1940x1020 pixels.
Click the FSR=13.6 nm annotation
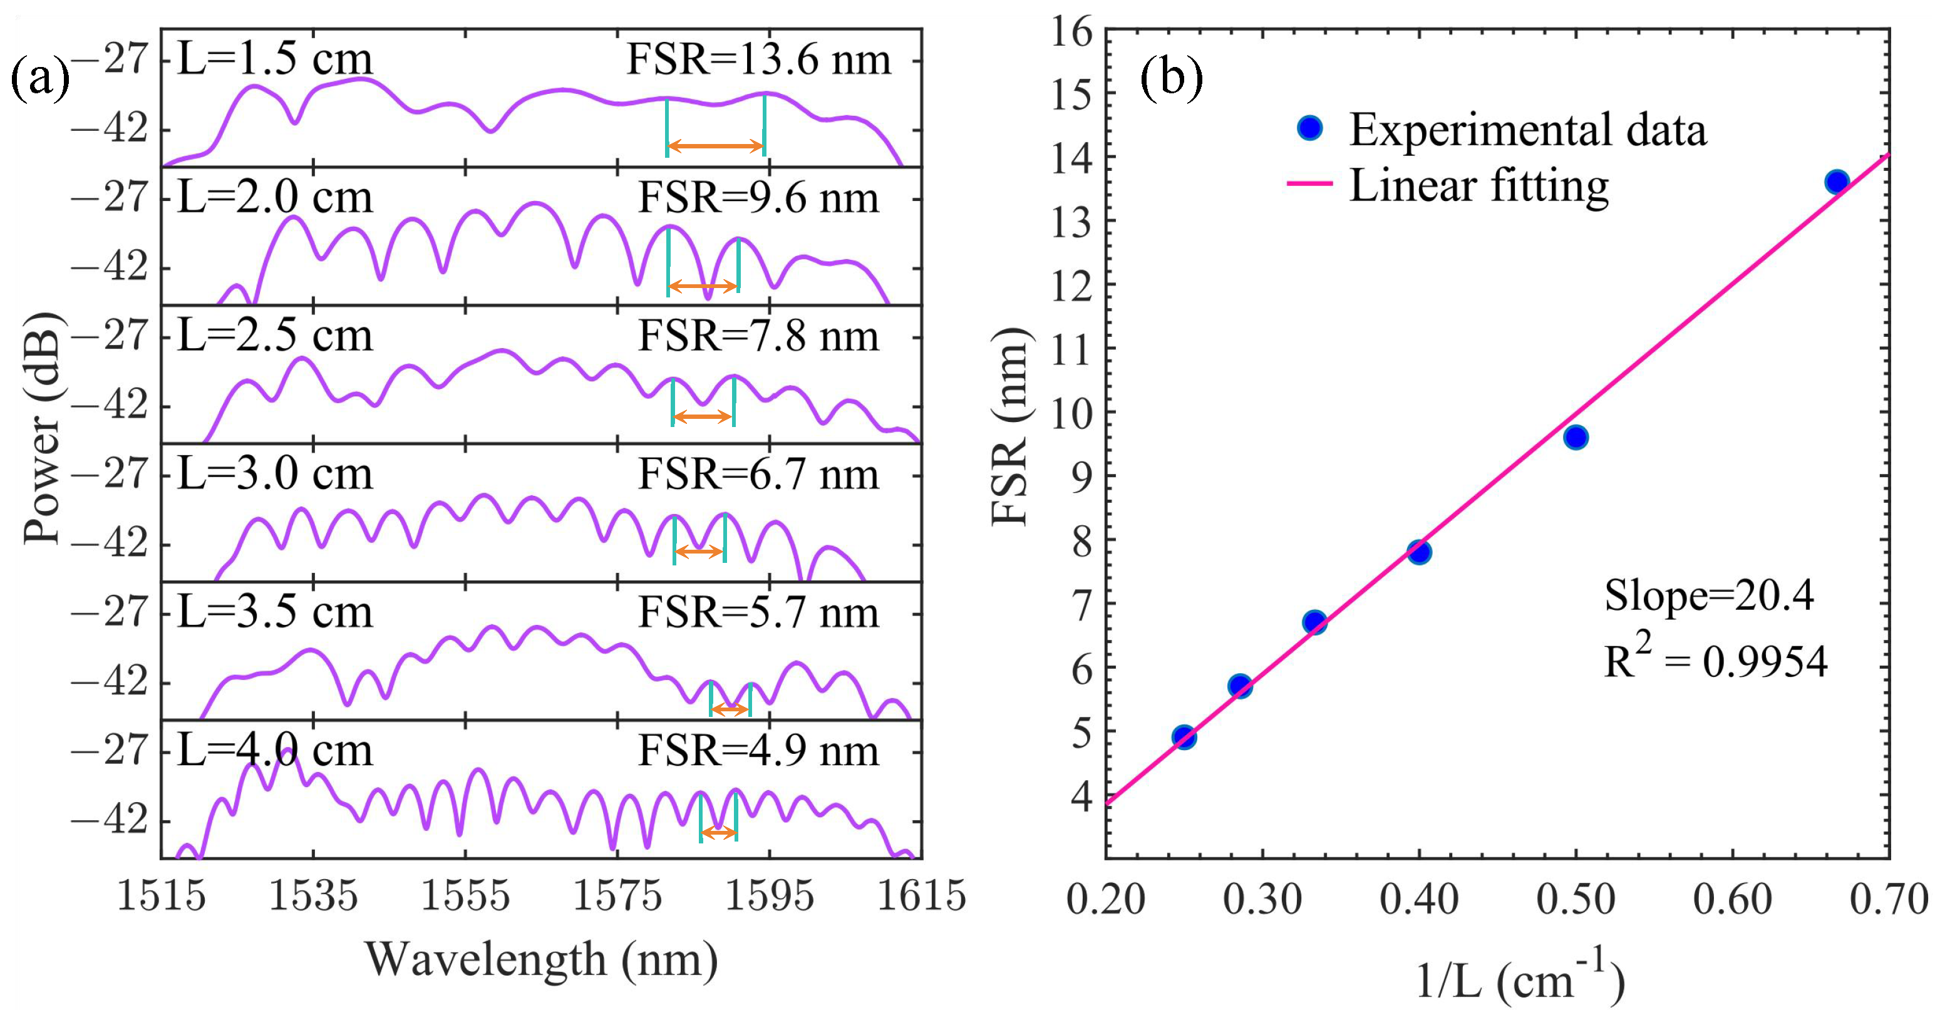758,59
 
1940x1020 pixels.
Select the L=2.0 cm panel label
275,198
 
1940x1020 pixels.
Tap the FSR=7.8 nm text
758,336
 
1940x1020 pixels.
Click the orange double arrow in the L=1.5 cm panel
716,146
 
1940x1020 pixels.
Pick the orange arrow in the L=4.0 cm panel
718,833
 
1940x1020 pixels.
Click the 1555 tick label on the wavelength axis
465,897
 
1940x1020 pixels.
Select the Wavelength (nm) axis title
540,961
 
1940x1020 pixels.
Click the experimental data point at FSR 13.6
1837,182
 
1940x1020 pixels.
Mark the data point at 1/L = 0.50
1576,437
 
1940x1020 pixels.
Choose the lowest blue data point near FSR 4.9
1184,737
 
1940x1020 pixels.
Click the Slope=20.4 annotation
1709,596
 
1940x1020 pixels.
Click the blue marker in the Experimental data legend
1311,128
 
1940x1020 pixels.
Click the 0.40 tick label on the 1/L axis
1419,900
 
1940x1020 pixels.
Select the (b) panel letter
1171,78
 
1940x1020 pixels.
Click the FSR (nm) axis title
1009,427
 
